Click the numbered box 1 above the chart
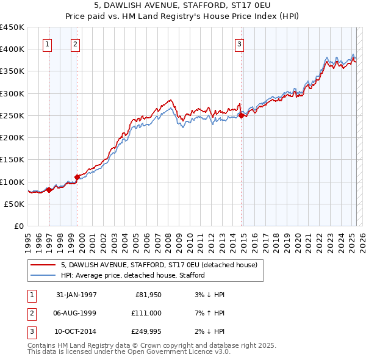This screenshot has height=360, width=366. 47,43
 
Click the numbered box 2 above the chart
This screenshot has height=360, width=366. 74,43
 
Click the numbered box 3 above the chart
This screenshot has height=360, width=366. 240,43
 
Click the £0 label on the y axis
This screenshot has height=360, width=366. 20,226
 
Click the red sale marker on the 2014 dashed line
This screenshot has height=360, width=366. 242,115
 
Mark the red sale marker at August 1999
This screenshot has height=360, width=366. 77,177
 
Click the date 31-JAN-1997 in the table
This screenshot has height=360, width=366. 76,295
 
